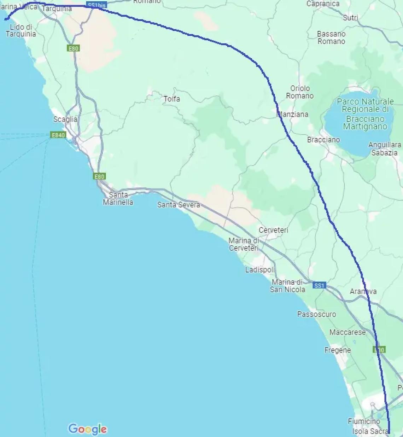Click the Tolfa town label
(172, 99)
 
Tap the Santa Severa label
(179, 205)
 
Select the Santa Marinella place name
(118, 198)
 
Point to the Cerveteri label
(273, 230)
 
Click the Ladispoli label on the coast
(260, 270)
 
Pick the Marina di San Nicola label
(287, 286)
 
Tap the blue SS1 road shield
(319, 285)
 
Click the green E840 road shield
(58, 135)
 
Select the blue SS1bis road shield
(97, 5)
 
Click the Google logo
(87, 429)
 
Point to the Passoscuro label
(316, 314)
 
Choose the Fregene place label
(338, 350)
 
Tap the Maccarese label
(347, 332)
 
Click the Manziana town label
(293, 115)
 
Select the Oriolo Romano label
(300, 92)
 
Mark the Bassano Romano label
(331, 37)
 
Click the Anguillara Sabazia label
(385, 149)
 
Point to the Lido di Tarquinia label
(21, 30)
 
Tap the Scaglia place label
(65, 120)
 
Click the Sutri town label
(350, 18)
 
